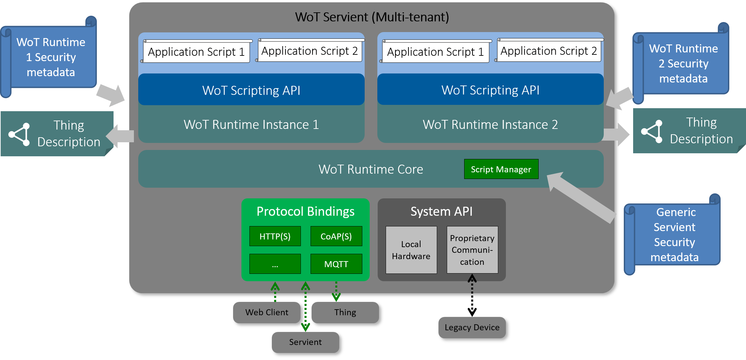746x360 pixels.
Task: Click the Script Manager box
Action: pyautogui.click(x=501, y=169)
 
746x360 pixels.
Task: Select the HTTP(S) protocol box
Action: pyautogui.click(x=275, y=236)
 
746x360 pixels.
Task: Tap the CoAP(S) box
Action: pyautogui.click(x=336, y=236)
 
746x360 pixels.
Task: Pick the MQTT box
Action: pyautogui.click(x=336, y=264)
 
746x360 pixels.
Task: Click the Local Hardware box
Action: pyautogui.click(x=411, y=250)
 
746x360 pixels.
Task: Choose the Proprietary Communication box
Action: pyautogui.click(x=472, y=250)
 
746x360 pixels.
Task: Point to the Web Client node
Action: pyautogui.click(x=266, y=312)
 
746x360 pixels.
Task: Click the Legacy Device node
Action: pyautogui.click(x=472, y=327)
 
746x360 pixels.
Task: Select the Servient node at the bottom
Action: pyautogui.click(x=305, y=342)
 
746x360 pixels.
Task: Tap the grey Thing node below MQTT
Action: pyautogui.click(x=345, y=312)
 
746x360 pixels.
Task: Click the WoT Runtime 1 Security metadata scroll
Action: pyautogui.click(x=51, y=57)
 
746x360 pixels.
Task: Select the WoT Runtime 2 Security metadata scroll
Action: pyautogui.click(x=683, y=63)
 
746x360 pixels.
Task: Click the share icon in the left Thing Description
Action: pyautogui.click(x=20, y=134)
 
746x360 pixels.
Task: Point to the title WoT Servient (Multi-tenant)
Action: pyautogui.click(x=372, y=17)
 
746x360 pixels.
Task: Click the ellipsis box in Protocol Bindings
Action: pyautogui.click(x=275, y=264)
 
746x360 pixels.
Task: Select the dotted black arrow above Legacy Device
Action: pyautogui.click(x=472, y=284)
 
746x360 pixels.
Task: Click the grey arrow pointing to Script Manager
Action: pyautogui.click(x=581, y=197)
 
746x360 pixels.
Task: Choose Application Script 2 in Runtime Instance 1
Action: pyautogui.click(x=310, y=51)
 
